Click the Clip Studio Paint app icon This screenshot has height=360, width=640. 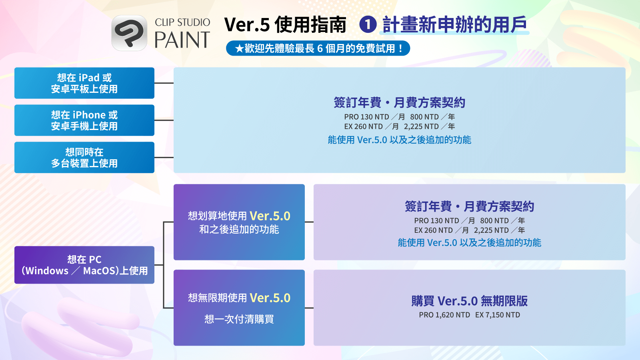129,33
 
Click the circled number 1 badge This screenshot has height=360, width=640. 368,24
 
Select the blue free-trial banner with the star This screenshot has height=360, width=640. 318,48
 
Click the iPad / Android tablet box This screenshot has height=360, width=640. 84,83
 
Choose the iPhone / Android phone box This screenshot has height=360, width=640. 84,120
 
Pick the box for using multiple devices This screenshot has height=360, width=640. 84,158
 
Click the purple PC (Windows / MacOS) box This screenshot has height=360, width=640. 84,265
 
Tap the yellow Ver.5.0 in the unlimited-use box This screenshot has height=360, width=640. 270,298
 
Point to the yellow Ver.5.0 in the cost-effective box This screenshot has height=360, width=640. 270,216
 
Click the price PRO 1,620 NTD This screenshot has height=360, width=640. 444,315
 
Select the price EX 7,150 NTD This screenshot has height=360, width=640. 498,315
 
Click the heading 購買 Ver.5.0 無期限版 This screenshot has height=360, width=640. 470,301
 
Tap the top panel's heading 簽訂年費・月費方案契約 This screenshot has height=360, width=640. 400,103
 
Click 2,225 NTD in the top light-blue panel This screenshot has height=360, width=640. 421,126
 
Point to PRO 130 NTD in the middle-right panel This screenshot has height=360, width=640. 436,220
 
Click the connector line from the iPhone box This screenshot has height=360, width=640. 164,120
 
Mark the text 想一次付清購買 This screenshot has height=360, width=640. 239,319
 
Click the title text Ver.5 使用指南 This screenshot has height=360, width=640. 285,25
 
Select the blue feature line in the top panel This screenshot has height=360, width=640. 400,140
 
